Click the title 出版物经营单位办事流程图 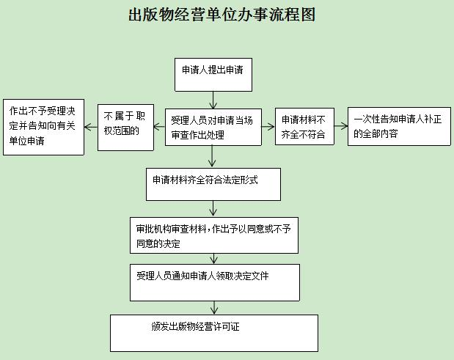(x=221, y=15)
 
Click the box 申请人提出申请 (x=213, y=75)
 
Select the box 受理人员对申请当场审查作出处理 (x=213, y=127)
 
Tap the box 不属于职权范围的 (x=125, y=128)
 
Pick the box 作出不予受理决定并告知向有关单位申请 (x=44, y=127)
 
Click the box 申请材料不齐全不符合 (x=304, y=126)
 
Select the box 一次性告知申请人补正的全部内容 (x=399, y=126)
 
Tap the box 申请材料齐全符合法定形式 (x=213, y=184)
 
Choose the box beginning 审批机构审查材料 (x=214, y=235)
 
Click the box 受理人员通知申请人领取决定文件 (x=215, y=282)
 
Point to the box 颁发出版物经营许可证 (x=214, y=333)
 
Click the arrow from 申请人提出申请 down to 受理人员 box (x=213, y=100)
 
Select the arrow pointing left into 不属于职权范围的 (x=159, y=127)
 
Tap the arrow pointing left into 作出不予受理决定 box (x=91, y=127)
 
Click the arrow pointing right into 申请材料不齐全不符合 (x=268, y=126)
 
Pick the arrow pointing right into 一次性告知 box (x=341, y=126)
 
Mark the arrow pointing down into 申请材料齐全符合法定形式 (x=212, y=157)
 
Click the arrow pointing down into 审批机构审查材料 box (x=213, y=209)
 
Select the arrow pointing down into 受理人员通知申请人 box (x=214, y=259)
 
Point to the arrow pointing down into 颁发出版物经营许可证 (x=214, y=308)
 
